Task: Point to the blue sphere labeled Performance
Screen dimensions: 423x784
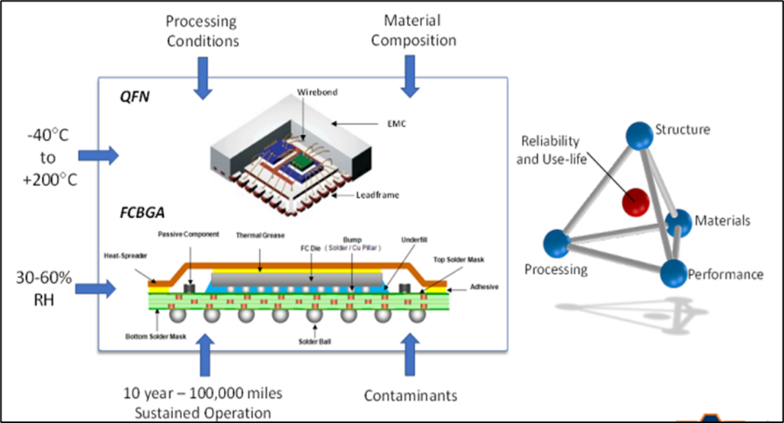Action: [673, 271]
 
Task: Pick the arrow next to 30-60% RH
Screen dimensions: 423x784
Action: [99, 289]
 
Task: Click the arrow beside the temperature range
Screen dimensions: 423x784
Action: [99, 156]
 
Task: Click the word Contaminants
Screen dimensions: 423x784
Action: [411, 396]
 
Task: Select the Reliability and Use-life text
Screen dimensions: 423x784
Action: [548, 149]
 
